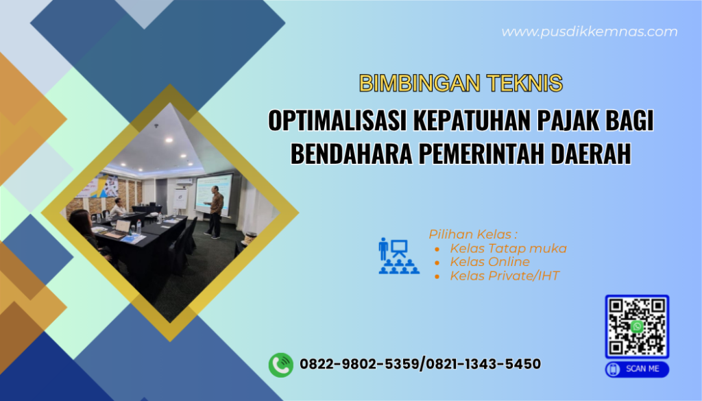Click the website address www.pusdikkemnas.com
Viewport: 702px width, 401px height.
[589, 32]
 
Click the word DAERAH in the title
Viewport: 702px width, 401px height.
[588, 154]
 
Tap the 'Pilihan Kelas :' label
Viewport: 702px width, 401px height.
[473, 234]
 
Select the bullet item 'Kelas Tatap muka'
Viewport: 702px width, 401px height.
[508, 248]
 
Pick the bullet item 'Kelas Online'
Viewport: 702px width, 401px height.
[489, 262]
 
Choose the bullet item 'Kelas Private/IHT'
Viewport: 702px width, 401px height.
[505, 276]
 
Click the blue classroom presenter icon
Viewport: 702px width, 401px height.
[398, 256]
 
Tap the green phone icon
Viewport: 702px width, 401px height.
[280, 364]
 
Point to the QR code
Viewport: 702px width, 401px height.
[636, 326]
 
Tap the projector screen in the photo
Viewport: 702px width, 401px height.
[213, 192]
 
